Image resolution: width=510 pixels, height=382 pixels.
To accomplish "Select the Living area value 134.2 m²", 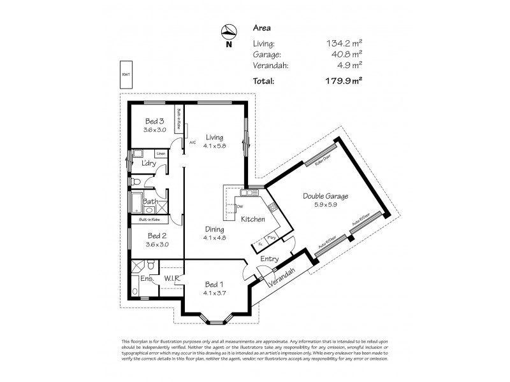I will (x=345, y=44).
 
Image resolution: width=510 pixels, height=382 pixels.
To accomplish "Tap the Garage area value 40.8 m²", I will (x=347, y=55).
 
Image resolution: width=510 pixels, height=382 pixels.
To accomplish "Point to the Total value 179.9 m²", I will (x=344, y=81).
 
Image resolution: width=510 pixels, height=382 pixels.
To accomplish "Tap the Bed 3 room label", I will (x=155, y=121).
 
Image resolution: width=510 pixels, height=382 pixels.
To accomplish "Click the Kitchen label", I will (x=252, y=219).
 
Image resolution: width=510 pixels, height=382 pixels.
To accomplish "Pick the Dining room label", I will (x=215, y=229).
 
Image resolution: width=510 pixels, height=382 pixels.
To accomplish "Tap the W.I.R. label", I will (x=173, y=278).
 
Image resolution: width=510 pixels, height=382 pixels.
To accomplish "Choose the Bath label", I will (x=150, y=201).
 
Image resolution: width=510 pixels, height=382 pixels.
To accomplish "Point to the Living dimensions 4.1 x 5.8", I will (x=215, y=145).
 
